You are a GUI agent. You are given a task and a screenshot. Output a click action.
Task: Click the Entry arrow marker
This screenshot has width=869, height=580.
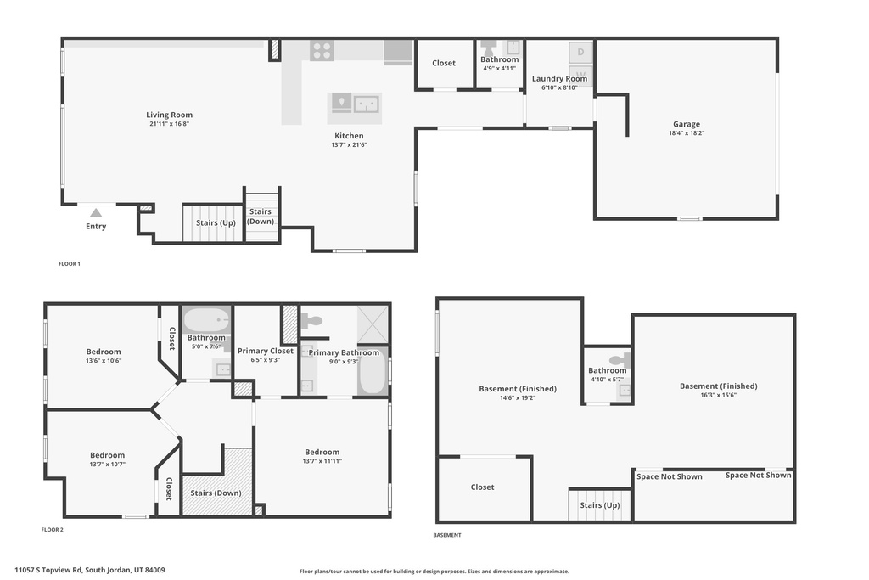[x=96, y=213]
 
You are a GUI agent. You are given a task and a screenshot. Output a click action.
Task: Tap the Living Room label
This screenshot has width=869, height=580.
[x=169, y=115]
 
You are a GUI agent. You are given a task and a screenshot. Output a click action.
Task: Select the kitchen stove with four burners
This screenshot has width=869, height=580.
[x=322, y=50]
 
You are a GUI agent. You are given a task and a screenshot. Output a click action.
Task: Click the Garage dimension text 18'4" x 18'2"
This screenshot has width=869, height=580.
[x=687, y=133]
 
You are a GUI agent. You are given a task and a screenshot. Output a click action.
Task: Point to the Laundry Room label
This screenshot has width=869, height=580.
[x=559, y=79]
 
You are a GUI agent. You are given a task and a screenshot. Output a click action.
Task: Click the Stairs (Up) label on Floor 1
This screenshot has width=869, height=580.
[x=216, y=223]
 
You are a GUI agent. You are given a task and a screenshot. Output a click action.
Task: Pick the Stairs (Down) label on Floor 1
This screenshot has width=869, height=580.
[x=261, y=217]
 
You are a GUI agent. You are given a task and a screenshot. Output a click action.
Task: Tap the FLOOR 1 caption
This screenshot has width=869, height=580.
[x=69, y=264]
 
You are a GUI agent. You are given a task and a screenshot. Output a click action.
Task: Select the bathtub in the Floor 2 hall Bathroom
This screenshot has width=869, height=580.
[x=207, y=321]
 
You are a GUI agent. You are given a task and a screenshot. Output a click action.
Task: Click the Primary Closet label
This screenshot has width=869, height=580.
[x=265, y=351]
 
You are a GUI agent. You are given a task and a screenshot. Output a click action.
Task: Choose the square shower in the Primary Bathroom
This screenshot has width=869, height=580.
[x=372, y=324]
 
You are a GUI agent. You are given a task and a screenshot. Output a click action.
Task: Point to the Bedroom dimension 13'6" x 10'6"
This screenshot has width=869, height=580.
[x=104, y=360]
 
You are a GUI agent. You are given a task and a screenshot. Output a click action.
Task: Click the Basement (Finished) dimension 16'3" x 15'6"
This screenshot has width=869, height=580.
[x=718, y=395]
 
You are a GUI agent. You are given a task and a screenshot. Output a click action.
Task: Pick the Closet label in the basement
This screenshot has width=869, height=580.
[x=482, y=487]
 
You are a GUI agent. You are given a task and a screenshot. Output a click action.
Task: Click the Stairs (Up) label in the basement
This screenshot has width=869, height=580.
[x=599, y=505]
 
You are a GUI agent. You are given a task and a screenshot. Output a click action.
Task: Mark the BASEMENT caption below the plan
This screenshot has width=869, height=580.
[x=446, y=535]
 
